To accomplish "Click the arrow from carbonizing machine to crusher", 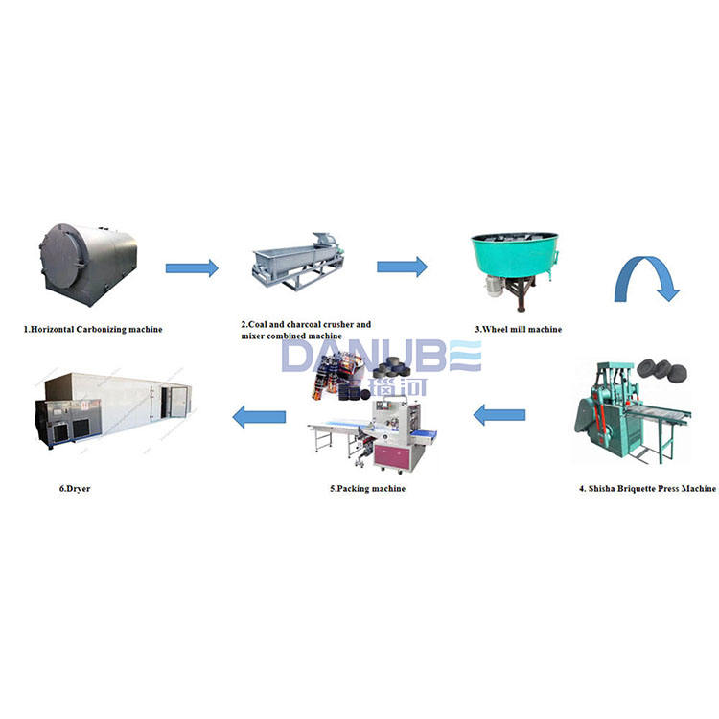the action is tap(191, 267).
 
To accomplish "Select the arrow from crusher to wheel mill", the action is tap(402, 266).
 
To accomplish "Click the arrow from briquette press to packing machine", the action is tap(499, 415).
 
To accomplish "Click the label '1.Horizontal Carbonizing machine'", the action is tap(93, 329).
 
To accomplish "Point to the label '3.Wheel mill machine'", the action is tap(518, 330).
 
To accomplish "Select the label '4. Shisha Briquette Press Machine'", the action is tap(646, 488).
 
